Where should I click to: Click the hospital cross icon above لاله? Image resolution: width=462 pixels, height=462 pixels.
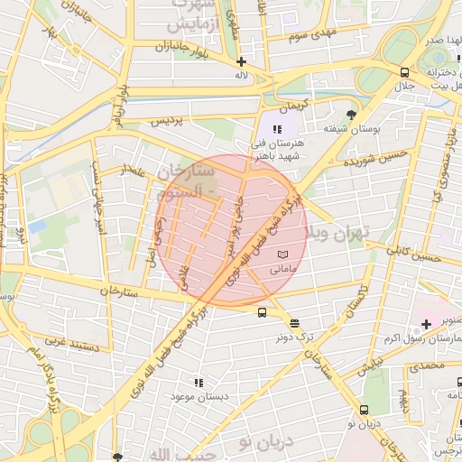(241, 61)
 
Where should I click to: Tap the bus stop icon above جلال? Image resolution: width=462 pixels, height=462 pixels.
(405, 73)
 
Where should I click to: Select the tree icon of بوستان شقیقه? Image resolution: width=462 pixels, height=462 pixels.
(351, 115)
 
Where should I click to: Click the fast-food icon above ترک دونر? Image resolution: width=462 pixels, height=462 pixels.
(294, 322)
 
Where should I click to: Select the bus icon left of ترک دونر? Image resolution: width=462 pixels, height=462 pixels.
(262, 313)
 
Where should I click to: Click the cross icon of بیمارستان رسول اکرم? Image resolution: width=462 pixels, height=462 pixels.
(426, 323)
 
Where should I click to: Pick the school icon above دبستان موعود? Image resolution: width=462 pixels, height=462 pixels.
(199, 383)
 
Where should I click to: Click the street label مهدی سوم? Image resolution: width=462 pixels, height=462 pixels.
(309, 36)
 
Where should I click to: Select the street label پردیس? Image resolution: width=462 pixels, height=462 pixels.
(171, 120)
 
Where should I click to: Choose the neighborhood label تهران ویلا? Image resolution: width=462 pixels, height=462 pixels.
(338, 233)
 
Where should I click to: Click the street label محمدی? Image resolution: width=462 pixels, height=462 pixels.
(427, 366)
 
